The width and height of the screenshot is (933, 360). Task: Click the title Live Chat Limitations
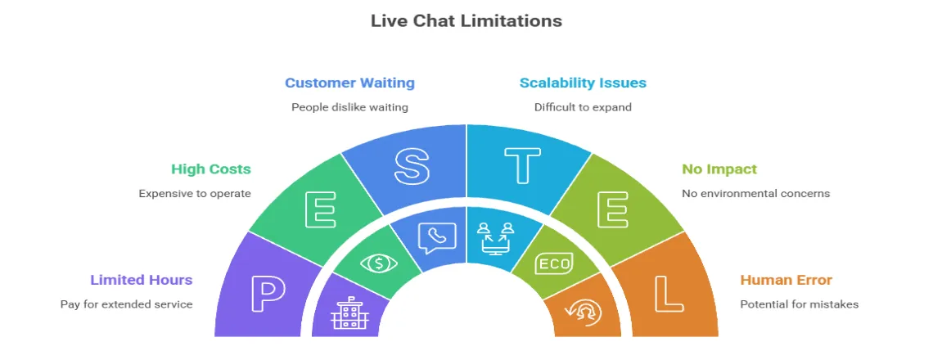coord(466,20)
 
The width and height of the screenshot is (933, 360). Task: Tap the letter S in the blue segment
coord(412,166)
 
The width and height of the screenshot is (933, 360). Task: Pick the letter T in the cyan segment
coord(522,166)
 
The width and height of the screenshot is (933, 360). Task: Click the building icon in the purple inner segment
coord(347,313)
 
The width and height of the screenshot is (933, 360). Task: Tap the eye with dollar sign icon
coord(379,263)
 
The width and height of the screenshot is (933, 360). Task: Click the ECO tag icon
coord(554,263)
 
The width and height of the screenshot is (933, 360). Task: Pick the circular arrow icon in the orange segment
coord(584,313)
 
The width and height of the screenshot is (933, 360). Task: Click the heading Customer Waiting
coord(349,83)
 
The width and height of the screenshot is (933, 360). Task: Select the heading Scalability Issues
coord(583,83)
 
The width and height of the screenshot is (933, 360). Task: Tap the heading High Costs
coord(210,169)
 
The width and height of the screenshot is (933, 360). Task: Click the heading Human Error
coord(786,280)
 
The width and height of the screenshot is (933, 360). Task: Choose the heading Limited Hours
coord(141,280)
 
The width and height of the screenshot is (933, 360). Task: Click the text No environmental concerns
coord(755,194)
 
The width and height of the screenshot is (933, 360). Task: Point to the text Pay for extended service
coord(126,304)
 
